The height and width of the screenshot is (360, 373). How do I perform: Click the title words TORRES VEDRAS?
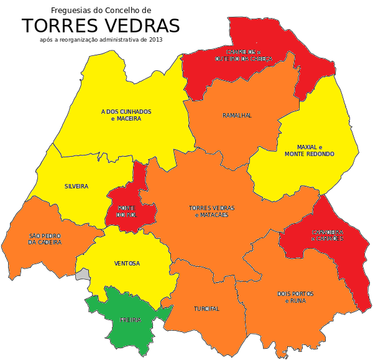tap(101, 26)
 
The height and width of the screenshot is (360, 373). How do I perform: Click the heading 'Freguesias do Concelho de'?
tap(101, 11)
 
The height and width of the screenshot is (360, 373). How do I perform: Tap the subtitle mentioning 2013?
tap(101, 39)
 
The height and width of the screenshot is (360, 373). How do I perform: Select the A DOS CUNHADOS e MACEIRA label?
tap(126, 115)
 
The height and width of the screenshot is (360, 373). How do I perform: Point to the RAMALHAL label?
tap(237, 116)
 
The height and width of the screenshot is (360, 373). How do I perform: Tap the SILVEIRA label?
tap(76, 187)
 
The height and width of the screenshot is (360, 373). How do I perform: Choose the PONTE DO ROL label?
tap(127, 211)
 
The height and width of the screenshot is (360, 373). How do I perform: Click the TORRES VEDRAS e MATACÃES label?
tap(208, 211)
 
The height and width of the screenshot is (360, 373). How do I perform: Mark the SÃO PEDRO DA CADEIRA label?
tap(45, 239)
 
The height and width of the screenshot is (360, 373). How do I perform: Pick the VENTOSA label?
tap(127, 264)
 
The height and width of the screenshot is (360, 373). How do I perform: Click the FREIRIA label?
tap(131, 320)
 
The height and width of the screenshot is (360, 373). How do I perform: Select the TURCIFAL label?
tap(206, 309)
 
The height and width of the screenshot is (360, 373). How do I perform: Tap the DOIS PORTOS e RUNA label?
tap(295, 297)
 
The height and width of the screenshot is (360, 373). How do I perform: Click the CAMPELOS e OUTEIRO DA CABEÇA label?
tap(244, 55)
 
